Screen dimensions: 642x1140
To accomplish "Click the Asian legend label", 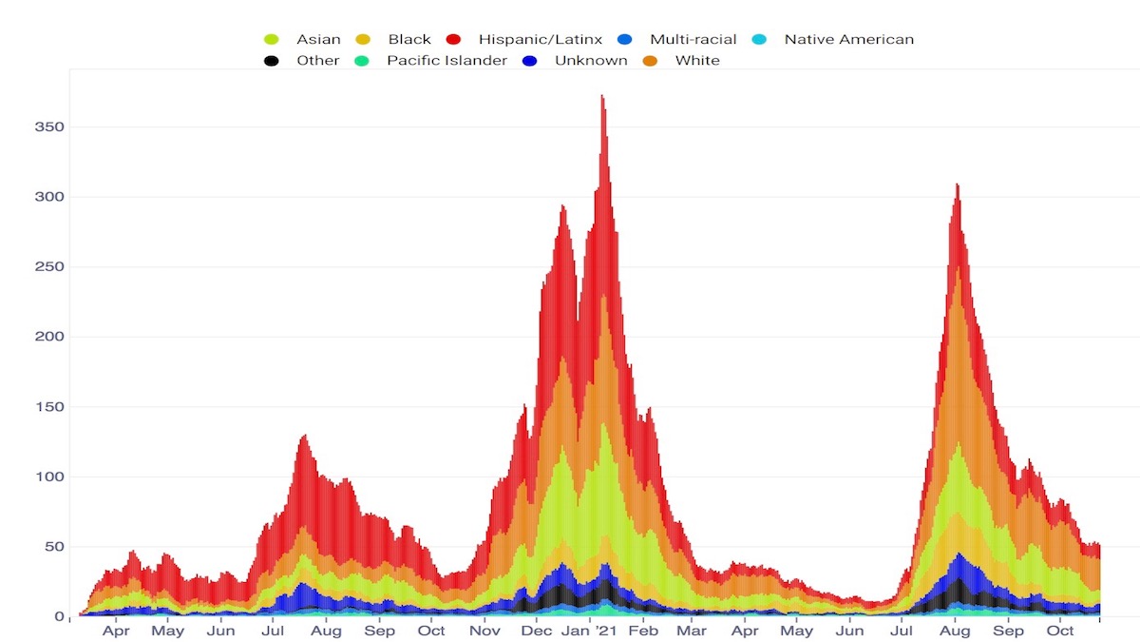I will coord(318,40).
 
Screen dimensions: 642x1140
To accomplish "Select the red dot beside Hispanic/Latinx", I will coord(453,40).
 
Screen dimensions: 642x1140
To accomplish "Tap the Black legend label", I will coord(409,40).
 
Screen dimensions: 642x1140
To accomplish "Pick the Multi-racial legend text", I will coord(693,40).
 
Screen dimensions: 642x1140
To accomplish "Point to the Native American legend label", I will coord(848,40).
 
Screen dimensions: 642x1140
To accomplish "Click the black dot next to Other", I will coord(271,61).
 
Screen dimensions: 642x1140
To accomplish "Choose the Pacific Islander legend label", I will coord(446,61).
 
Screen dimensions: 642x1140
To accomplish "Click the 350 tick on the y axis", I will coord(49,127).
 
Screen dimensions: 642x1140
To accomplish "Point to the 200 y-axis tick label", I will coord(49,337).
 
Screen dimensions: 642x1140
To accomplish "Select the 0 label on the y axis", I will coord(59,616).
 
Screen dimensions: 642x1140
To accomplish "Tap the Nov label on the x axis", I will coord(484,631).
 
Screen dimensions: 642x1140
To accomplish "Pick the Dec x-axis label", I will coord(538,631).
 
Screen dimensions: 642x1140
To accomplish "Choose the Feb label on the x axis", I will coord(644,631).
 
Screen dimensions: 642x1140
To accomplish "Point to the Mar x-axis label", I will coord(692,631).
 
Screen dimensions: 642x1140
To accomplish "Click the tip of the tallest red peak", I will coord(601,95).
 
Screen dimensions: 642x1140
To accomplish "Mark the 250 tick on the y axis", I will coord(49,267).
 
